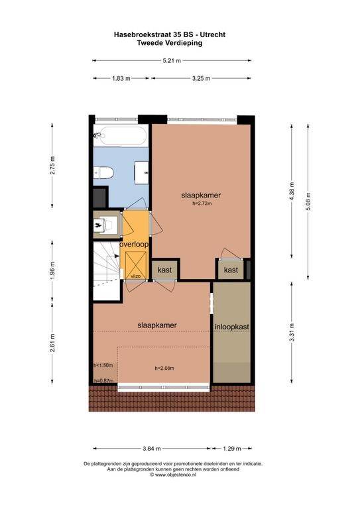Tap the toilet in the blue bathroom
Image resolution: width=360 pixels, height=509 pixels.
click(103, 173)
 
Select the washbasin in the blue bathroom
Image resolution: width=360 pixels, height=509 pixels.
click(142, 172)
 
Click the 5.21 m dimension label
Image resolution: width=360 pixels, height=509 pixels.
click(172, 60)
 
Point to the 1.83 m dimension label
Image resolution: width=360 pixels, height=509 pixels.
click(121, 78)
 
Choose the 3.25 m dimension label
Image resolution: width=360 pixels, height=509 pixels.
click(202, 78)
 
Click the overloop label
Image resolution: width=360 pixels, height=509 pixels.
click(134, 245)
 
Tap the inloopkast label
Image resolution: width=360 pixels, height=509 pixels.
click(232, 327)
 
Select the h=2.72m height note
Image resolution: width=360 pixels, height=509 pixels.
click(202, 204)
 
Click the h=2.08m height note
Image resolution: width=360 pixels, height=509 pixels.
click(164, 368)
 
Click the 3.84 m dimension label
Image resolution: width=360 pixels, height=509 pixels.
click(152, 449)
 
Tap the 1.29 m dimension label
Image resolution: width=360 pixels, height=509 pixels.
click(232, 449)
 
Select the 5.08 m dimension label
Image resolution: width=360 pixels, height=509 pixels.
click(308, 201)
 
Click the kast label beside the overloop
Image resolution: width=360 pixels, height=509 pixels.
click(164, 270)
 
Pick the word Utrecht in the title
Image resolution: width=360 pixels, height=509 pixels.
click(213, 34)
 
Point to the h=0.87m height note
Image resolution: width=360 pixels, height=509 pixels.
click(103, 381)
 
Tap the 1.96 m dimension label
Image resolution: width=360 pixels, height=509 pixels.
click(52, 270)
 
